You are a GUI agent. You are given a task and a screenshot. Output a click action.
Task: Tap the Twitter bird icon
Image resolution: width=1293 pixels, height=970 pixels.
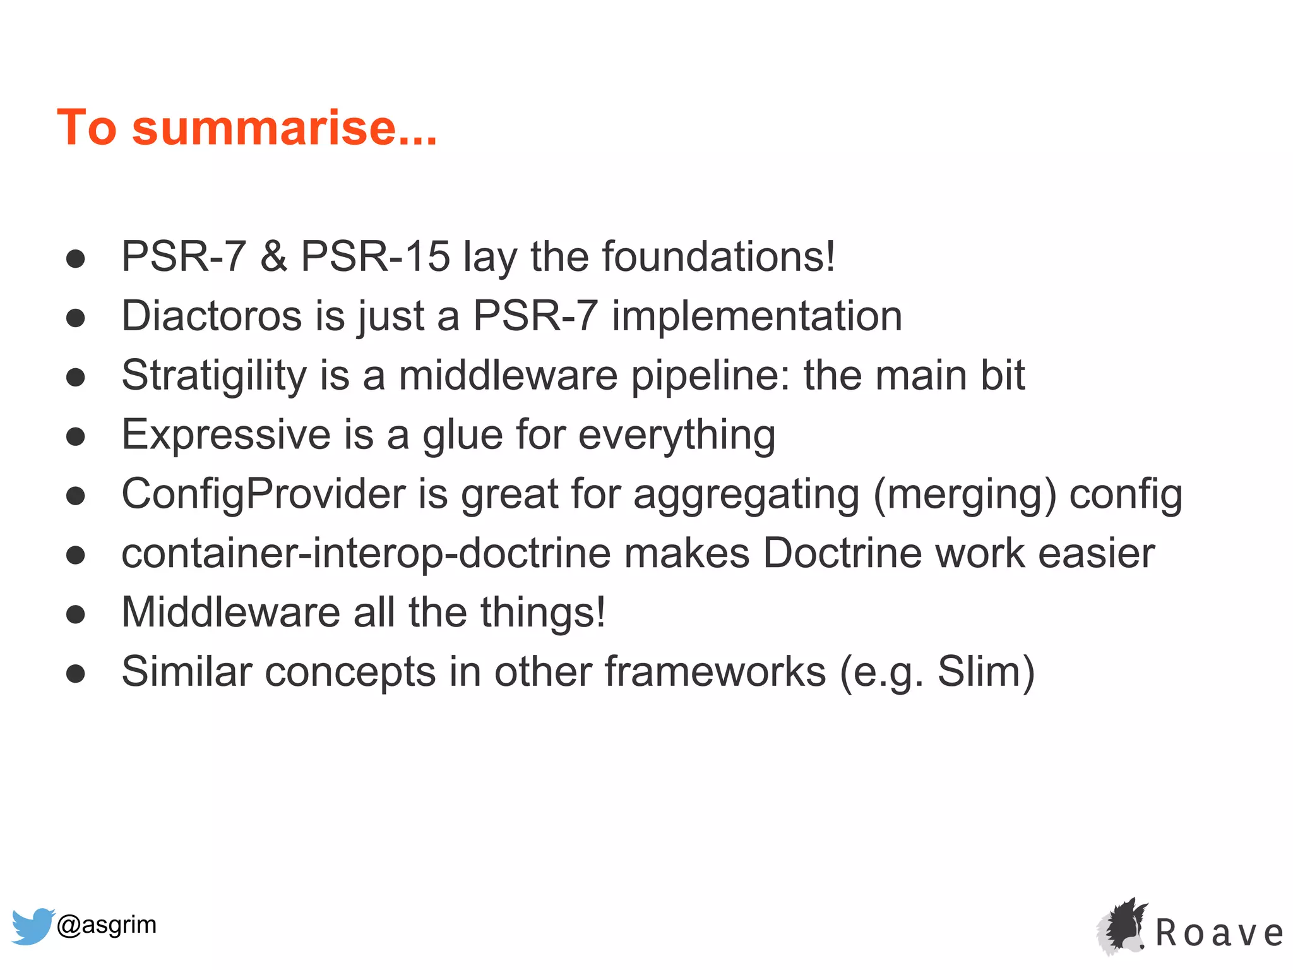32,925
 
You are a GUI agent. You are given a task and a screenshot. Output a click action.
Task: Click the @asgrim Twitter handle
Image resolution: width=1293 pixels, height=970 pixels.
107,925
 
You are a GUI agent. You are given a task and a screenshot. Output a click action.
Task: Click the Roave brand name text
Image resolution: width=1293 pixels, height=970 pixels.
1219,933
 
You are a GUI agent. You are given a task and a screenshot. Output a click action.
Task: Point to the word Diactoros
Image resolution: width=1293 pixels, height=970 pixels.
212,316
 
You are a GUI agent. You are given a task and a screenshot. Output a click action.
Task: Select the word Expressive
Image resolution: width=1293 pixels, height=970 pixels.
225,434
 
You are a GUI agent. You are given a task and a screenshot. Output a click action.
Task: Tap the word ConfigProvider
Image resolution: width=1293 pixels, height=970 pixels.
263,494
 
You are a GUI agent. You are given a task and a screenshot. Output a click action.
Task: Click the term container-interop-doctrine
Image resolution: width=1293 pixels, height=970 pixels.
366,553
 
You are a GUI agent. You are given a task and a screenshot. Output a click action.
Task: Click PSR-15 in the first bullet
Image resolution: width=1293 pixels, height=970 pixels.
375,256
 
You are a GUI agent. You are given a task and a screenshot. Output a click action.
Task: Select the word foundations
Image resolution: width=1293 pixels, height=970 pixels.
718,256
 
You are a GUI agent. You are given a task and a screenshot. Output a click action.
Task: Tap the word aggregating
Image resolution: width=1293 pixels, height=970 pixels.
746,495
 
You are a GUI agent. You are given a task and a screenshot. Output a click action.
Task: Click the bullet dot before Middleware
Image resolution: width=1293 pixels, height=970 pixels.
76,613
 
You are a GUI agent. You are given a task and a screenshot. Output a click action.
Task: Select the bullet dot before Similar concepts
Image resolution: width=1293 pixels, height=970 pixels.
76,673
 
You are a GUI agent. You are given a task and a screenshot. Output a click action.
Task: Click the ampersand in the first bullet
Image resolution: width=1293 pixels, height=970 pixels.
273,256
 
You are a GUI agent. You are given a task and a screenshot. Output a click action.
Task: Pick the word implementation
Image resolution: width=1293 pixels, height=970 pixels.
756,316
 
